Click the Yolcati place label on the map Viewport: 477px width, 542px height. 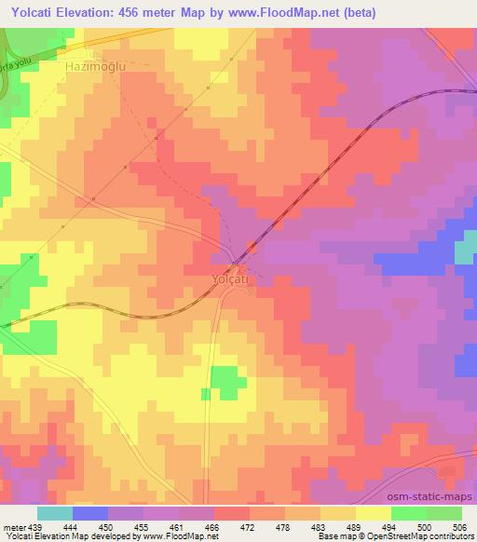228,278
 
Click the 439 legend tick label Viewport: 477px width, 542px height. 36,526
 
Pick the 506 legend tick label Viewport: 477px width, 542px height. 459,526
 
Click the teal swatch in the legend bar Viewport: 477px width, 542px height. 54,513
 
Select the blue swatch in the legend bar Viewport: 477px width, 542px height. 89,513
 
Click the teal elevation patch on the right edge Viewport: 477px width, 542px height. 465,249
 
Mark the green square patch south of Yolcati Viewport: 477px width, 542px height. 224,381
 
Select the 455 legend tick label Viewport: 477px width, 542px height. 143,526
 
